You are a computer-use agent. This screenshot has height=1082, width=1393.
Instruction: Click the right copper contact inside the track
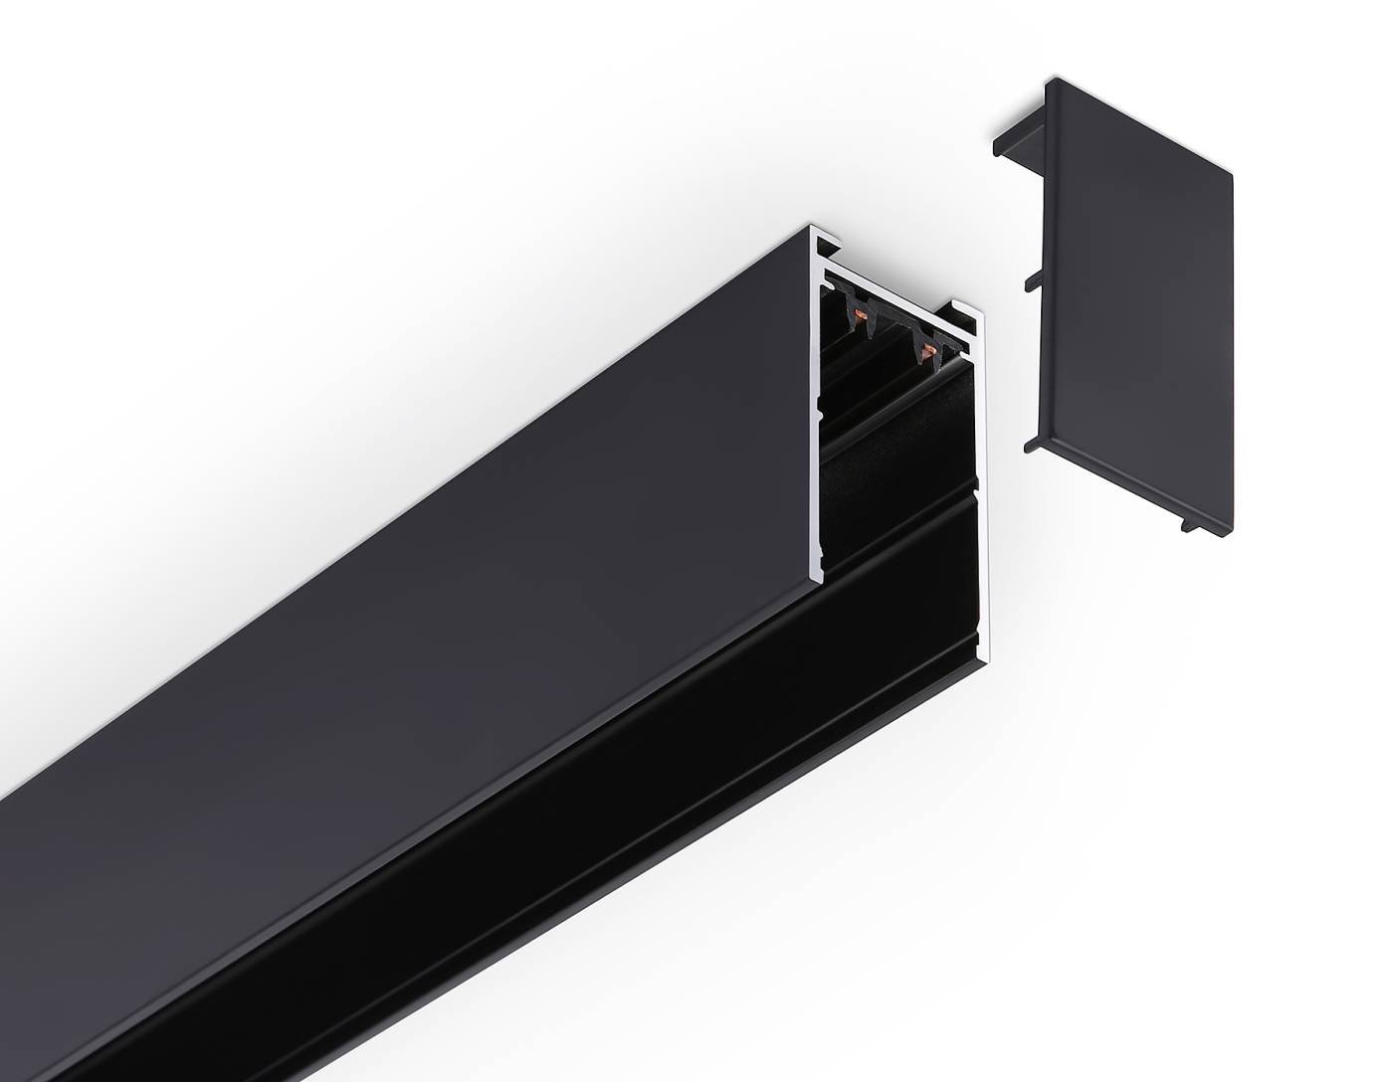click(929, 347)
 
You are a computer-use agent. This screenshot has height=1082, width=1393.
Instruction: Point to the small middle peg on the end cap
click(1031, 280)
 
